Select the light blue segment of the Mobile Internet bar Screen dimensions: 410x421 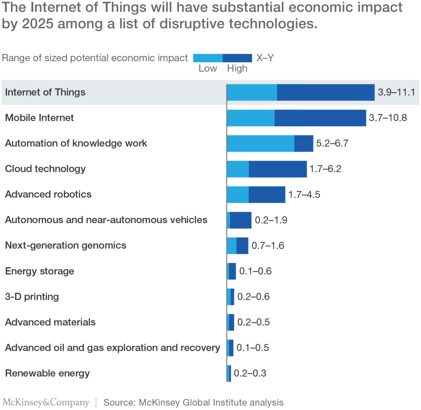click(x=250, y=118)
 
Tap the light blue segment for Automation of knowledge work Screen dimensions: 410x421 click(x=260, y=143)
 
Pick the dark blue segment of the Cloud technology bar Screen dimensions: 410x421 click(x=278, y=169)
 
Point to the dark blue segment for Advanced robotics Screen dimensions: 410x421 click(x=267, y=194)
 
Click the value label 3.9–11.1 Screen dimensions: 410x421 click(x=397, y=92)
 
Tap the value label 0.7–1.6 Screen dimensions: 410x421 click(x=268, y=246)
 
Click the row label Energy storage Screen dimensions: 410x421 click(x=39, y=271)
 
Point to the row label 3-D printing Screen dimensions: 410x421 click(x=32, y=297)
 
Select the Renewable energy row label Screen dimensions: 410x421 click(x=47, y=373)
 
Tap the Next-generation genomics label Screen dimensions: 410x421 click(x=65, y=246)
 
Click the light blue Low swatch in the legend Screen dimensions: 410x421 click(x=208, y=58)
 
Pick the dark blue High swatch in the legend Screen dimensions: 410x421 click(x=237, y=58)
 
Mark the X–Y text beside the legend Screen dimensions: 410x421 click(x=265, y=58)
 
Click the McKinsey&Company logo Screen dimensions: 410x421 click(x=46, y=402)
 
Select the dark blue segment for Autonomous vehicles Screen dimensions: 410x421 click(x=241, y=220)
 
